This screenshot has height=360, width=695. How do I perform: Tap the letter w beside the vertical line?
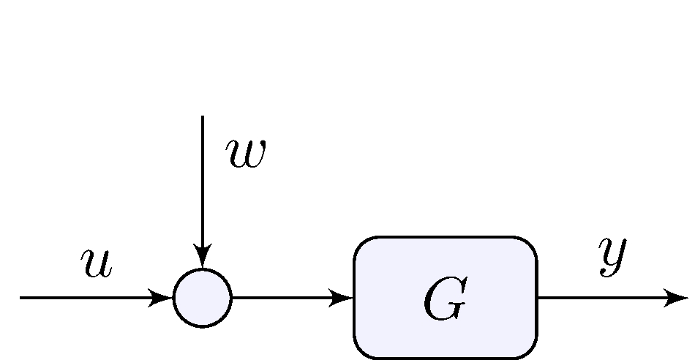tap(245, 154)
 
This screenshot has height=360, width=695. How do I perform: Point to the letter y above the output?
tap(613, 256)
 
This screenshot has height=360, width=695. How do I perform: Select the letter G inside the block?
tap(444, 300)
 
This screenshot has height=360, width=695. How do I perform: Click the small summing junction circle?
tap(203, 298)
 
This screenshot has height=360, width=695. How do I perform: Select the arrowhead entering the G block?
tap(342, 298)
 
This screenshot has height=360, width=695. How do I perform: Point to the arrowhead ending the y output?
tap(676, 298)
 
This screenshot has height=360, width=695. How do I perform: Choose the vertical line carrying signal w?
tap(203, 183)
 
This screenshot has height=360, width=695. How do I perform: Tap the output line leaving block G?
tap(600, 298)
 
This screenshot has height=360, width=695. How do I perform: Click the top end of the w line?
tap(203, 116)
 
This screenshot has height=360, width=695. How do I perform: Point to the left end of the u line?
tap(21, 298)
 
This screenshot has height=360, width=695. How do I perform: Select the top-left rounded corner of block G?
tap(362, 245)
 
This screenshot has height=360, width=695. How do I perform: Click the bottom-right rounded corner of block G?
tap(529, 350)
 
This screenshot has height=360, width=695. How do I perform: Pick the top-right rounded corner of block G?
tap(529, 245)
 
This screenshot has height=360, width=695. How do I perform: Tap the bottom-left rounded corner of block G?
tap(362, 350)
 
